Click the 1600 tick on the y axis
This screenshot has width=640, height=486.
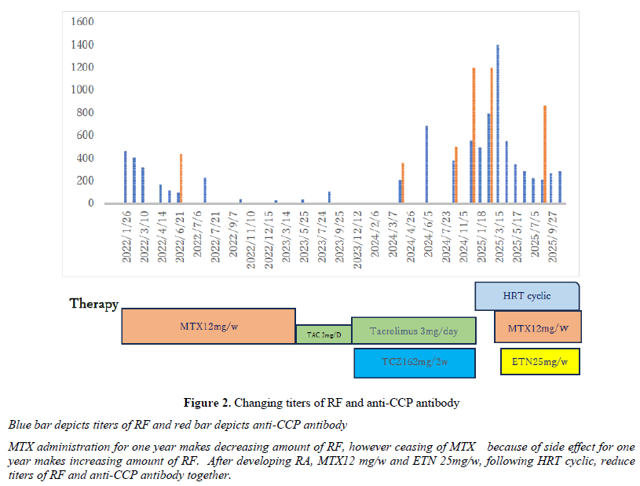coord(82,21)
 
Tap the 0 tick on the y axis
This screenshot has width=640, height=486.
coord(91,203)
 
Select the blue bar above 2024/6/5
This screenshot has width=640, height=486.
coord(426,164)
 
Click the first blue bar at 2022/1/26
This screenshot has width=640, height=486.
coord(126,177)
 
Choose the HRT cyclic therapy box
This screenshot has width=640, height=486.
coord(527,296)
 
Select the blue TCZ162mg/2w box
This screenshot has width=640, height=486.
coord(415,363)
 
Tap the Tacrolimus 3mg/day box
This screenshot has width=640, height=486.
coord(413,331)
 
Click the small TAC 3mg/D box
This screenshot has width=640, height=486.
coord(323,335)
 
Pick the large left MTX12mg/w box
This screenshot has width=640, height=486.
coord(208,326)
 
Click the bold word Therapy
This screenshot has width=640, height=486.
coord(93,303)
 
